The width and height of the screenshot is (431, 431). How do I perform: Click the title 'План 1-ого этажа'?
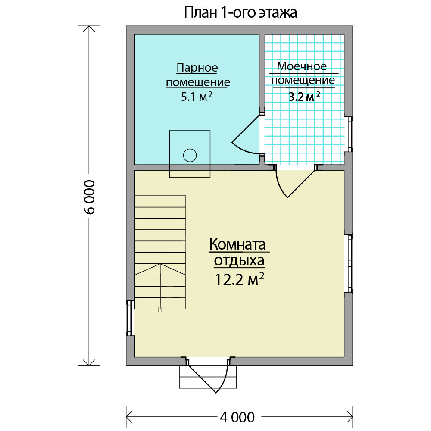point(240,12)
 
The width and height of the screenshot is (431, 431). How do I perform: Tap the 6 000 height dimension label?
point(89,197)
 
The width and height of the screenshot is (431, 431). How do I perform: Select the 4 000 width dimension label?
point(237,417)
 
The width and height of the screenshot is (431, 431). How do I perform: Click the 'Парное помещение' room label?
point(198,75)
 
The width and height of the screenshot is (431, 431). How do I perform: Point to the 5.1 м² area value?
point(197,97)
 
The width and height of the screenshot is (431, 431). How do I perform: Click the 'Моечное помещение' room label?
point(303,73)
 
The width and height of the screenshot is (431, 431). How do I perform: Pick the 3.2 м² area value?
point(304,97)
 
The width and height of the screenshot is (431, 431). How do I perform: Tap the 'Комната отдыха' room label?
point(238,252)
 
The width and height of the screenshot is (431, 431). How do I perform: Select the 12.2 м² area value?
point(239,279)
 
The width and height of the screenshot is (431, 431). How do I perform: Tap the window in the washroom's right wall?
point(349,134)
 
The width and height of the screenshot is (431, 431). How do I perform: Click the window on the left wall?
point(130,319)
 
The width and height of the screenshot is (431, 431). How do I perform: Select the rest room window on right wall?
point(349,263)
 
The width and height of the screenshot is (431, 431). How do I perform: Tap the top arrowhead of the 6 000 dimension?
point(89,28)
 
